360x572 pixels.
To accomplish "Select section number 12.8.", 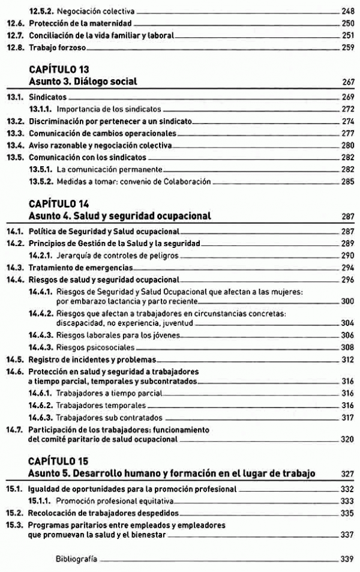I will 15,47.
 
